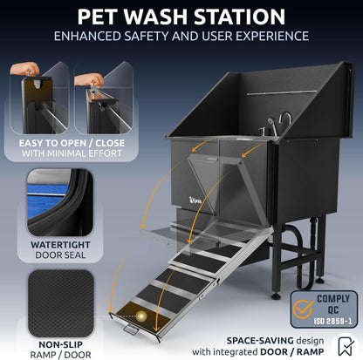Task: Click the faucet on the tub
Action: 281,123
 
